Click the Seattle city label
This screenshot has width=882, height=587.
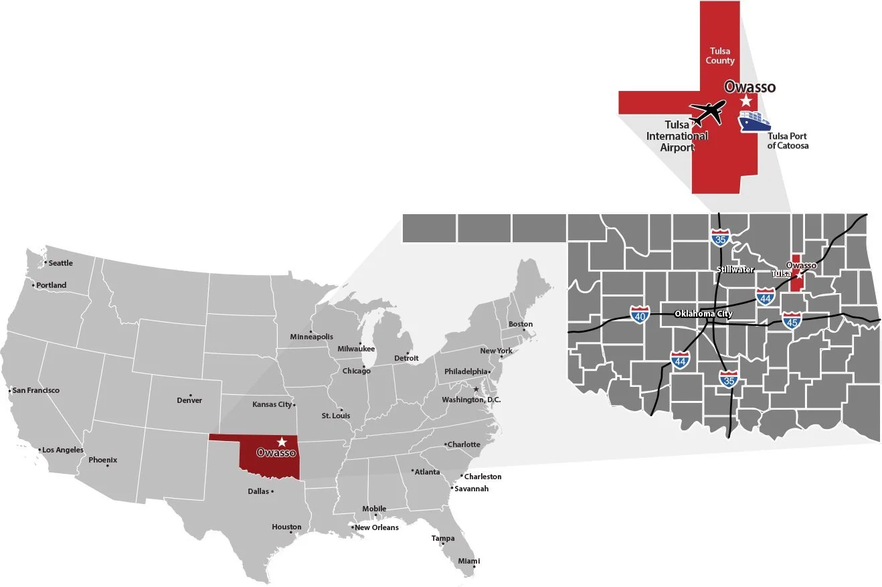point(60,263)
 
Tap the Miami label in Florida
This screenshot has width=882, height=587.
point(468,561)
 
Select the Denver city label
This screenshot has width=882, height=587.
point(189,400)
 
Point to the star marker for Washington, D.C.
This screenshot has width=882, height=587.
point(476,389)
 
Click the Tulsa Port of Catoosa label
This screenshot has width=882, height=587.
point(788,141)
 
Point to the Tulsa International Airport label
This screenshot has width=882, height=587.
point(677,136)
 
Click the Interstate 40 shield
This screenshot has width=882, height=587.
point(639,315)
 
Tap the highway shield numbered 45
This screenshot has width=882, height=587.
point(792,321)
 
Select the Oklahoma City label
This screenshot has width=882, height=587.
point(703,314)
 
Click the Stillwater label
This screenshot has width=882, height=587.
point(735,270)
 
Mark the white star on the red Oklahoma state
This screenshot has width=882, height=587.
point(282,442)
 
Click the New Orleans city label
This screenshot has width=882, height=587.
point(376,527)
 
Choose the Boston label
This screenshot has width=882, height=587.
point(521,324)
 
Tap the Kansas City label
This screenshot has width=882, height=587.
point(272,404)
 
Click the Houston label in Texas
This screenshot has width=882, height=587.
point(286,527)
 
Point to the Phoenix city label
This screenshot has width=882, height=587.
point(103,460)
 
